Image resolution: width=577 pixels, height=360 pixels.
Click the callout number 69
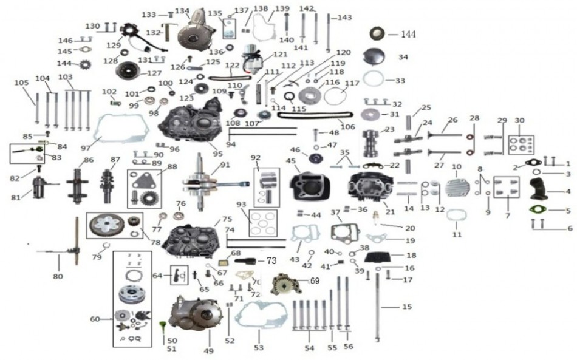314,280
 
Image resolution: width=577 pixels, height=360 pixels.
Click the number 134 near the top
182,11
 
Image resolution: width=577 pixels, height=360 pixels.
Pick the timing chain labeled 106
316,117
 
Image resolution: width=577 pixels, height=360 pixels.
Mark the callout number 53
259,348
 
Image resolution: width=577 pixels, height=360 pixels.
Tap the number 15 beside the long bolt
407,307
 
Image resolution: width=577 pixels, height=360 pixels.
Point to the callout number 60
95,319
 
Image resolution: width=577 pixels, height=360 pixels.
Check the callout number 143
345,18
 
